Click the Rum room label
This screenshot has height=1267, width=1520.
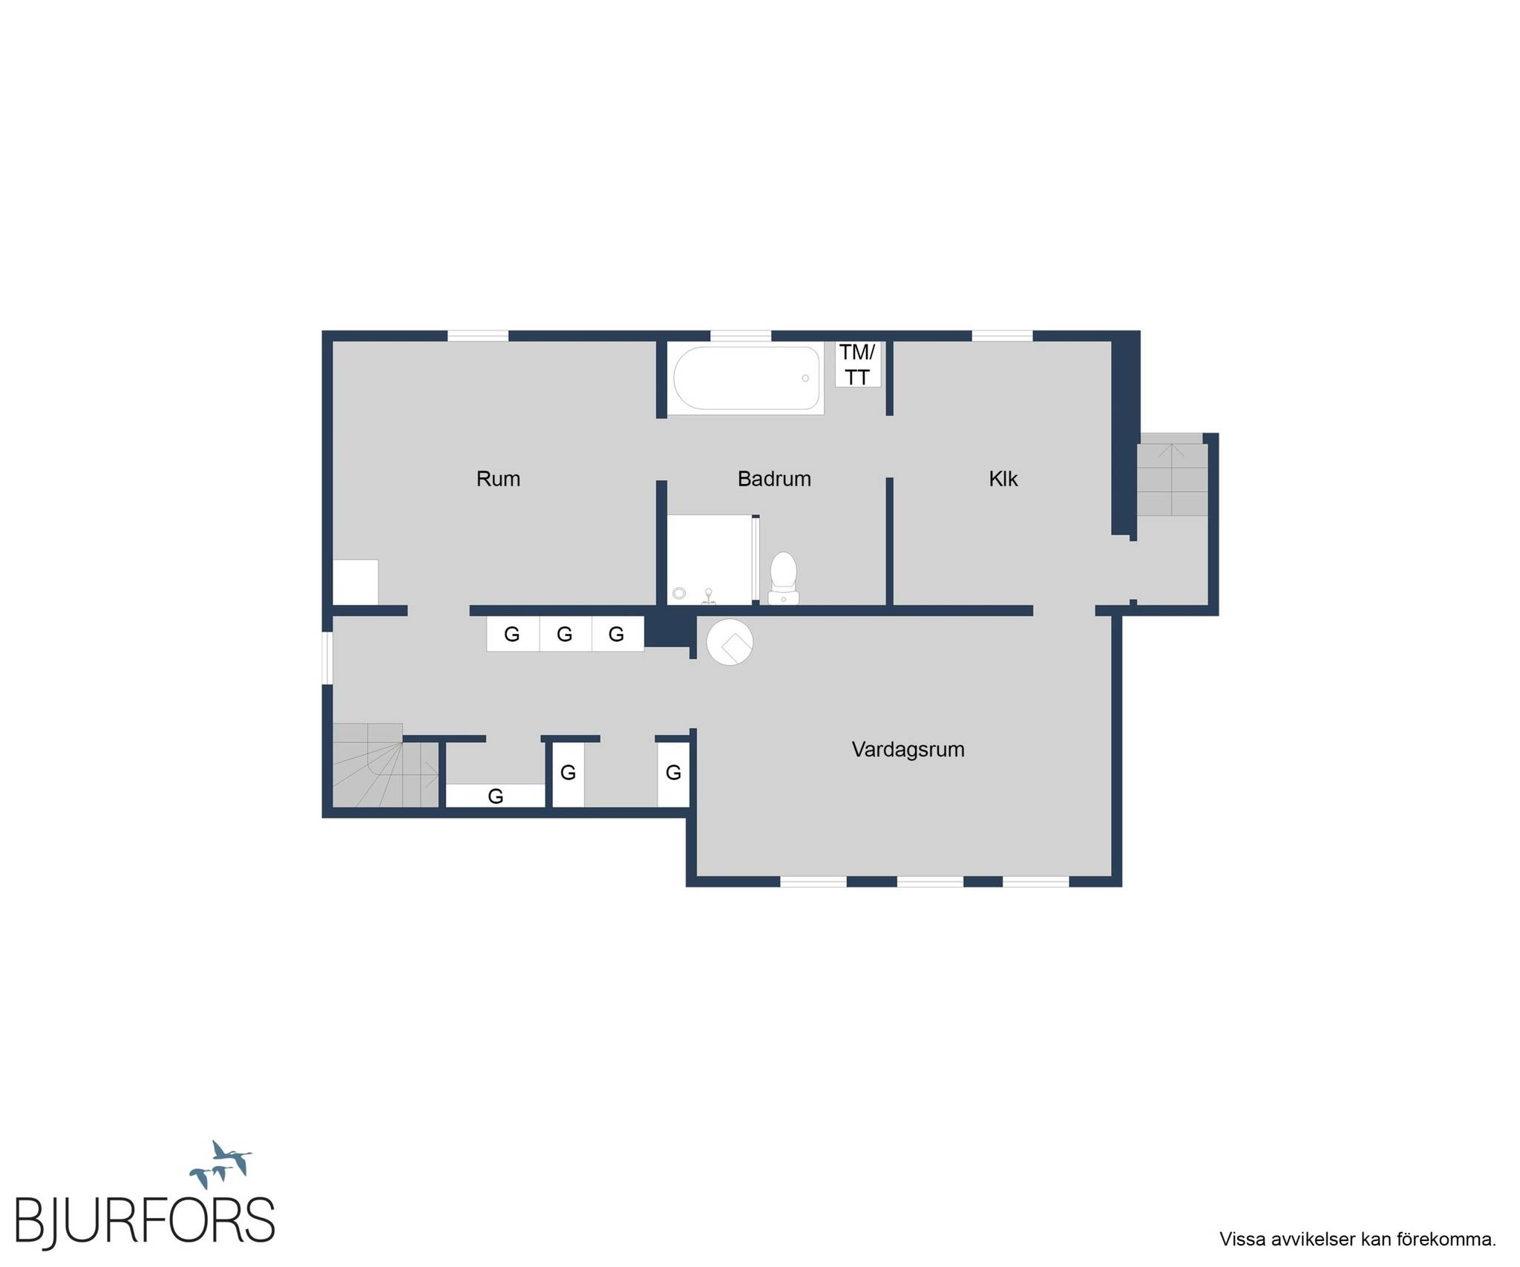coord(498,479)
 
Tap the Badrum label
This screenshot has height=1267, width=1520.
coord(774,479)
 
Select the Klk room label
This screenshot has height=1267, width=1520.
coord(1003,479)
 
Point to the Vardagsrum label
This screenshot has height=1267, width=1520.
coord(908,750)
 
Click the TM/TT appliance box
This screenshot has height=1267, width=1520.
coord(858,364)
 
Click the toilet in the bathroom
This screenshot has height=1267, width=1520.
coord(783,578)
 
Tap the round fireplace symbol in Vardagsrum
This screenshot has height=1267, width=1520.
coord(730,642)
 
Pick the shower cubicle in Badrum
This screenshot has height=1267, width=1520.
coord(710,560)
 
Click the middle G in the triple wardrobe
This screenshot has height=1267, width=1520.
coord(565,634)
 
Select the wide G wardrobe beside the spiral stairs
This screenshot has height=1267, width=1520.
coord(495,796)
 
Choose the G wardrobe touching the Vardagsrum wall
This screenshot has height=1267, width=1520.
coord(673,773)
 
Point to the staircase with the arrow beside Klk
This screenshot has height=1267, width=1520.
coord(1172,475)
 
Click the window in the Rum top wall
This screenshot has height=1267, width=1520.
coord(478,336)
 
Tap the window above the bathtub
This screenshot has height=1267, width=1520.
coord(741,336)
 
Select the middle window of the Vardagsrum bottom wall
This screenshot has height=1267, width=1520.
coord(931,882)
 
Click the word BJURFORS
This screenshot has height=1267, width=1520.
coord(145,1219)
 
